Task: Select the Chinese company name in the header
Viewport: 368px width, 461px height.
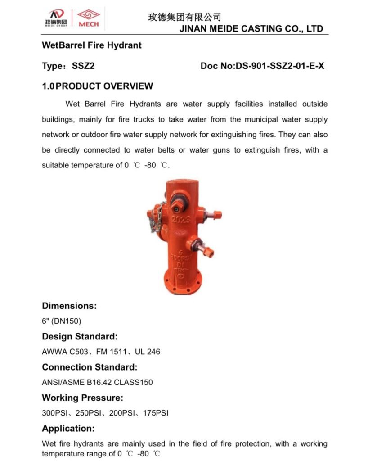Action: pyautogui.click(x=184, y=17)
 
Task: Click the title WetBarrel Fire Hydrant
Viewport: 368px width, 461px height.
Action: pyautogui.click(x=92, y=45)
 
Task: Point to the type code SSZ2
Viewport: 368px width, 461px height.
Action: pyautogui.click(x=83, y=66)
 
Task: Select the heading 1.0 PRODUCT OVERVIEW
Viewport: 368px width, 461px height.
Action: pyautogui.click(x=98, y=86)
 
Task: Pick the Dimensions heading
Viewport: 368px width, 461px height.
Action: pyautogui.click(x=69, y=306)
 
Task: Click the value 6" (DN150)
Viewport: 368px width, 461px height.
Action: pyautogui.click(x=62, y=321)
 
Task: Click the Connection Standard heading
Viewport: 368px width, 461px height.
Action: pyautogui.click(x=90, y=367)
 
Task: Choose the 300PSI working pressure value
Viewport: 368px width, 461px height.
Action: pyautogui.click(x=54, y=413)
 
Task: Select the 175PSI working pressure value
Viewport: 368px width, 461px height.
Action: pyautogui.click(x=155, y=413)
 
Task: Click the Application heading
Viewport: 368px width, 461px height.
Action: pyautogui.click(x=68, y=428)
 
